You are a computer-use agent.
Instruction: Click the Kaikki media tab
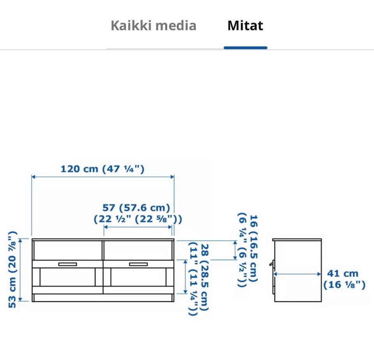click(x=153, y=26)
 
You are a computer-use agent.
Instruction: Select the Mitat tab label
click(x=245, y=26)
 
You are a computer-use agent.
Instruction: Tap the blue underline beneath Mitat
click(x=245, y=48)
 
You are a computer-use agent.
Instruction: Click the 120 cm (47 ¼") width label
click(x=102, y=169)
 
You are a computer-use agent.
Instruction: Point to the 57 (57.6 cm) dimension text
click(x=136, y=207)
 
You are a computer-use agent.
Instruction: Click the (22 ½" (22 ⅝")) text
click(x=138, y=219)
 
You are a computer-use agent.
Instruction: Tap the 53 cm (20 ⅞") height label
click(x=13, y=270)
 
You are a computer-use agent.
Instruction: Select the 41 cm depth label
click(x=343, y=273)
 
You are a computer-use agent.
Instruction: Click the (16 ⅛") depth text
click(x=344, y=285)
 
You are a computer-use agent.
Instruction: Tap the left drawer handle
click(x=67, y=264)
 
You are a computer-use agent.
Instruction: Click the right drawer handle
click(x=138, y=264)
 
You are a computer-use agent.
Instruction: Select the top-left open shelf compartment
click(x=67, y=250)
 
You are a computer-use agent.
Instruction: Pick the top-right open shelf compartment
click(x=138, y=250)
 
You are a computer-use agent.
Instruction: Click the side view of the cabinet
click(x=297, y=270)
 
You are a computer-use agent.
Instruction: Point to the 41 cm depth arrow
click(x=297, y=274)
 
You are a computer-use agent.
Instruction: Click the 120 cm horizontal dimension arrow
click(x=102, y=177)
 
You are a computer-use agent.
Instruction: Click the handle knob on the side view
click(x=271, y=264)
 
